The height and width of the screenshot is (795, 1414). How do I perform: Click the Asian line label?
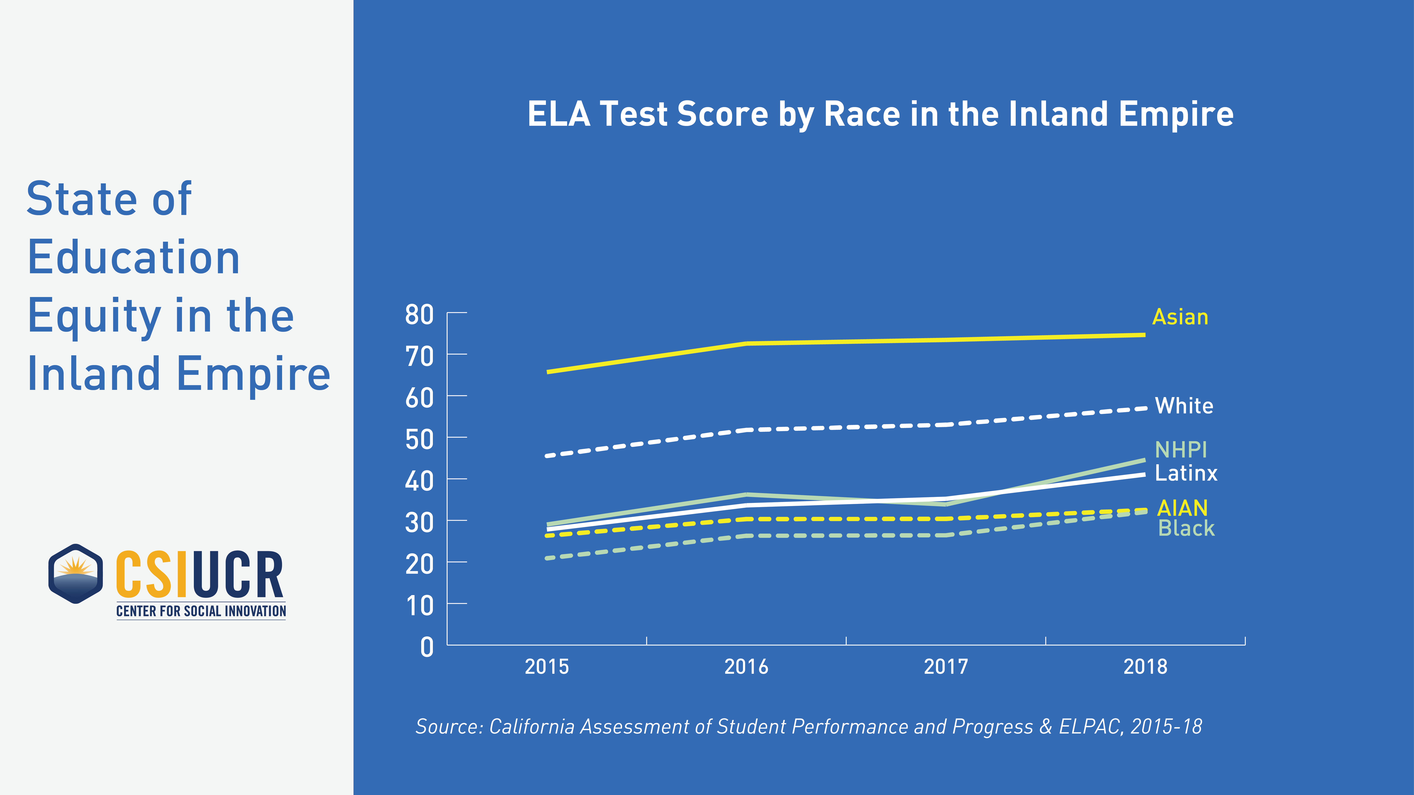1180,317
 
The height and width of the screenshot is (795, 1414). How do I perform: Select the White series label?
1184,406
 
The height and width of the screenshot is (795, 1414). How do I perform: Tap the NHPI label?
1181,450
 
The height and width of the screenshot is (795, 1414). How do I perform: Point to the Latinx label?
1186,473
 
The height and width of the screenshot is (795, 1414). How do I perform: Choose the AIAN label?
1182,508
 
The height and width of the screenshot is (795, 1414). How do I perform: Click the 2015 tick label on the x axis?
547,667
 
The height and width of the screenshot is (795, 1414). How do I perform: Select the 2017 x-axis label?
946,667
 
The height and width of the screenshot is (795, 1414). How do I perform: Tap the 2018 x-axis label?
1145,667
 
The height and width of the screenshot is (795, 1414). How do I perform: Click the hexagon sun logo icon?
76,574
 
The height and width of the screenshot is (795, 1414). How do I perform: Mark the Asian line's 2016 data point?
747,343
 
